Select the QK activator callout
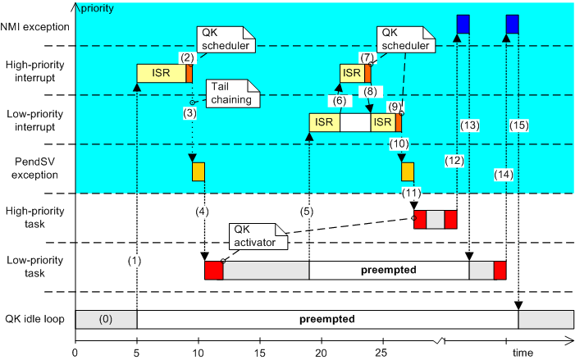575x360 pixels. tap(257, 235)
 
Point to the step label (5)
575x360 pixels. tap(309, 212)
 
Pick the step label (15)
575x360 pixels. tap(519, 125)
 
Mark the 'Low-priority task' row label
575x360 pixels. tap(37, 267)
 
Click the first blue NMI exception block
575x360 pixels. tap(463, 25)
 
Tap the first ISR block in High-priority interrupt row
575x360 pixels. tap(161, 74)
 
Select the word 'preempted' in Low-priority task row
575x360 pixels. tap(389, 270)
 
